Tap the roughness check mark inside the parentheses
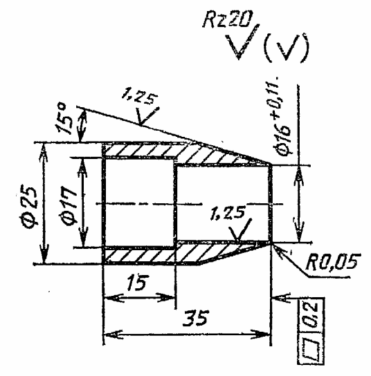pyautogui.click(x=286, y=48)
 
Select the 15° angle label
pyautogui.click(x=64, y=118)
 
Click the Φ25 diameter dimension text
pyautogui.click(x=29, y=206)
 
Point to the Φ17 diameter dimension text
pyautogui.click(x=69, y=205)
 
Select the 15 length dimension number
pyautogui.click(x=138, y=283)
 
